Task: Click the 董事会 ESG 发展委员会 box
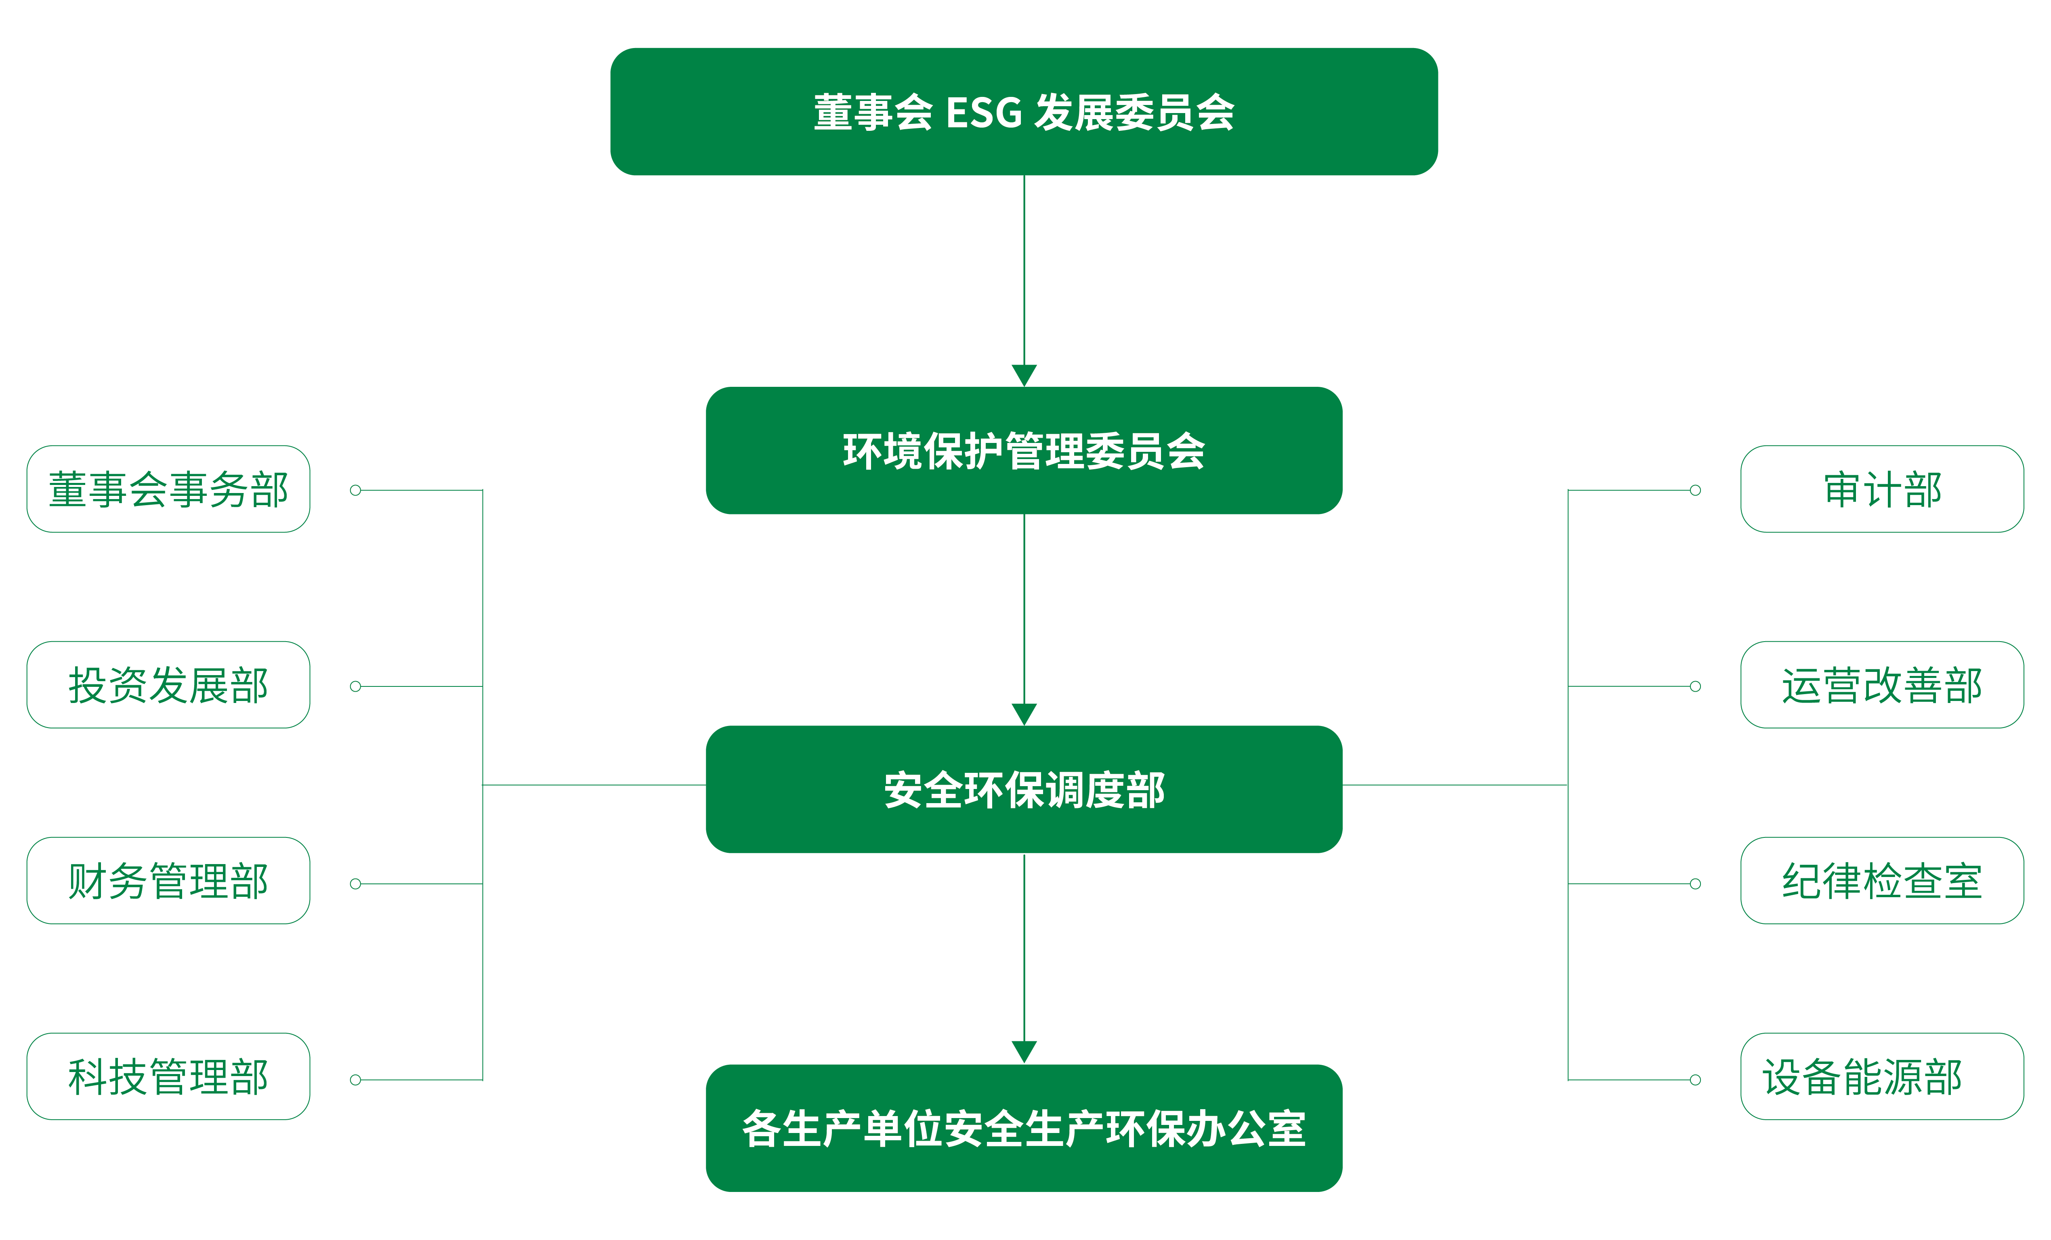coord(1024,111)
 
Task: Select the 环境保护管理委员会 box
coord(1024,450)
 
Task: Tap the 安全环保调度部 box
coord(1024,789)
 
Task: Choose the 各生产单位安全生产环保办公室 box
coord(1024,1128)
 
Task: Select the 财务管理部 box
coord(168,881)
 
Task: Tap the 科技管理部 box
coord(168,1076)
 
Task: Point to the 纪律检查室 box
coord(1882,881)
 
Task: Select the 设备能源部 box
coord(1882,1076)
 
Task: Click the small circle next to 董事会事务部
coord(355,490)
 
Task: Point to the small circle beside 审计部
coord(1695,490)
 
